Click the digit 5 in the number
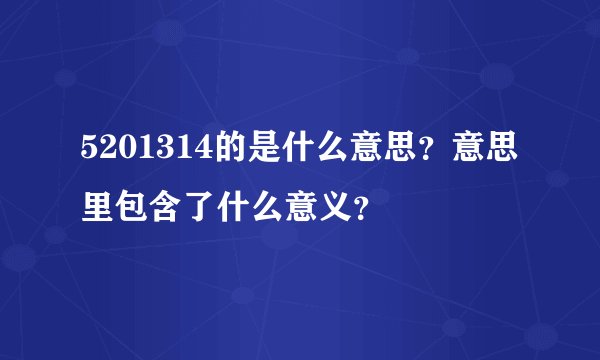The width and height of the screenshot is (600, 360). click(x=90, y=152)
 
